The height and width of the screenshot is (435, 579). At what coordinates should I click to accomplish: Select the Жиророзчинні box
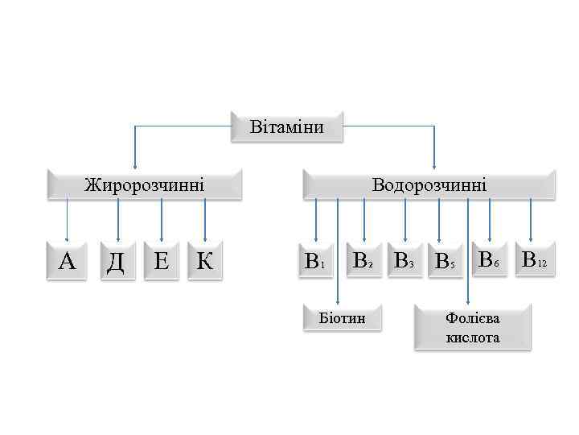coord(145,184)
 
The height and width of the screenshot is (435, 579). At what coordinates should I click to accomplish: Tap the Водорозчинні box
coord(429,184)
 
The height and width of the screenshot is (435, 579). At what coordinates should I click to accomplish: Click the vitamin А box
coord(68,260)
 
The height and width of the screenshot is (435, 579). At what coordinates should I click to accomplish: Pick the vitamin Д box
coord(116,260)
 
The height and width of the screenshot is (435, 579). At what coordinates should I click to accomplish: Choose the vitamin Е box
coord(161,260)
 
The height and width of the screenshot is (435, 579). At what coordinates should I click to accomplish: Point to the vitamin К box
coord(205,260)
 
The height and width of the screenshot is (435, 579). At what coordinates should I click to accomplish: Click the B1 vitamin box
coord(314,261)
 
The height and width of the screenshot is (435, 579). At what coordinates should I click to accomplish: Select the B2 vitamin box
coord(362,259)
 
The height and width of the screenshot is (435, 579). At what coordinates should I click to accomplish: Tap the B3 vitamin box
coord(404,260)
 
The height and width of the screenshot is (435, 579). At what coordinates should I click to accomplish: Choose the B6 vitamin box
coord(490,259)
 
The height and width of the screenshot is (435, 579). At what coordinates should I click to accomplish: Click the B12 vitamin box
coord(533,259)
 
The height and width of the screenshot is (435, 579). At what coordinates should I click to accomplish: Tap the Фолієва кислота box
coord(473,327)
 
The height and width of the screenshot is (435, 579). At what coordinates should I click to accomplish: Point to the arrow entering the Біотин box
coord(338,258)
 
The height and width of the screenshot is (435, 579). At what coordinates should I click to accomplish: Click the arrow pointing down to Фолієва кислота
coord(468,258)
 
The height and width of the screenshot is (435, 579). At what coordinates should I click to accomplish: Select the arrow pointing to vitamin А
coord(68,222)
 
